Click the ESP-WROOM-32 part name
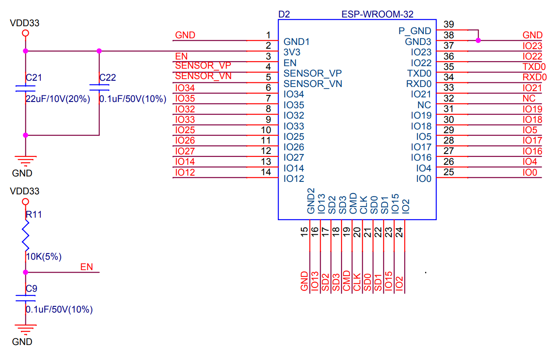coord(377,14)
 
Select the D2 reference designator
coord(284,14)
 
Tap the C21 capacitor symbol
coord(25,88)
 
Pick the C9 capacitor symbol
coord(25,298)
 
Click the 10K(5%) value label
coord(44,257)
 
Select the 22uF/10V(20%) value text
coord(57,99)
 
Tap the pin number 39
coord(449,24)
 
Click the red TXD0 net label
coord(534,67)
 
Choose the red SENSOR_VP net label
coord(203,66)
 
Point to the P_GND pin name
coord(415,31)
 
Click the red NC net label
coord(529,98)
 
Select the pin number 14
coord(266,172)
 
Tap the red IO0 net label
coord(530,172)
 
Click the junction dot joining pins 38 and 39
coord(478,40)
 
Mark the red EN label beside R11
coord(87,267)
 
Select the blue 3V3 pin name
coord(292,52)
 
